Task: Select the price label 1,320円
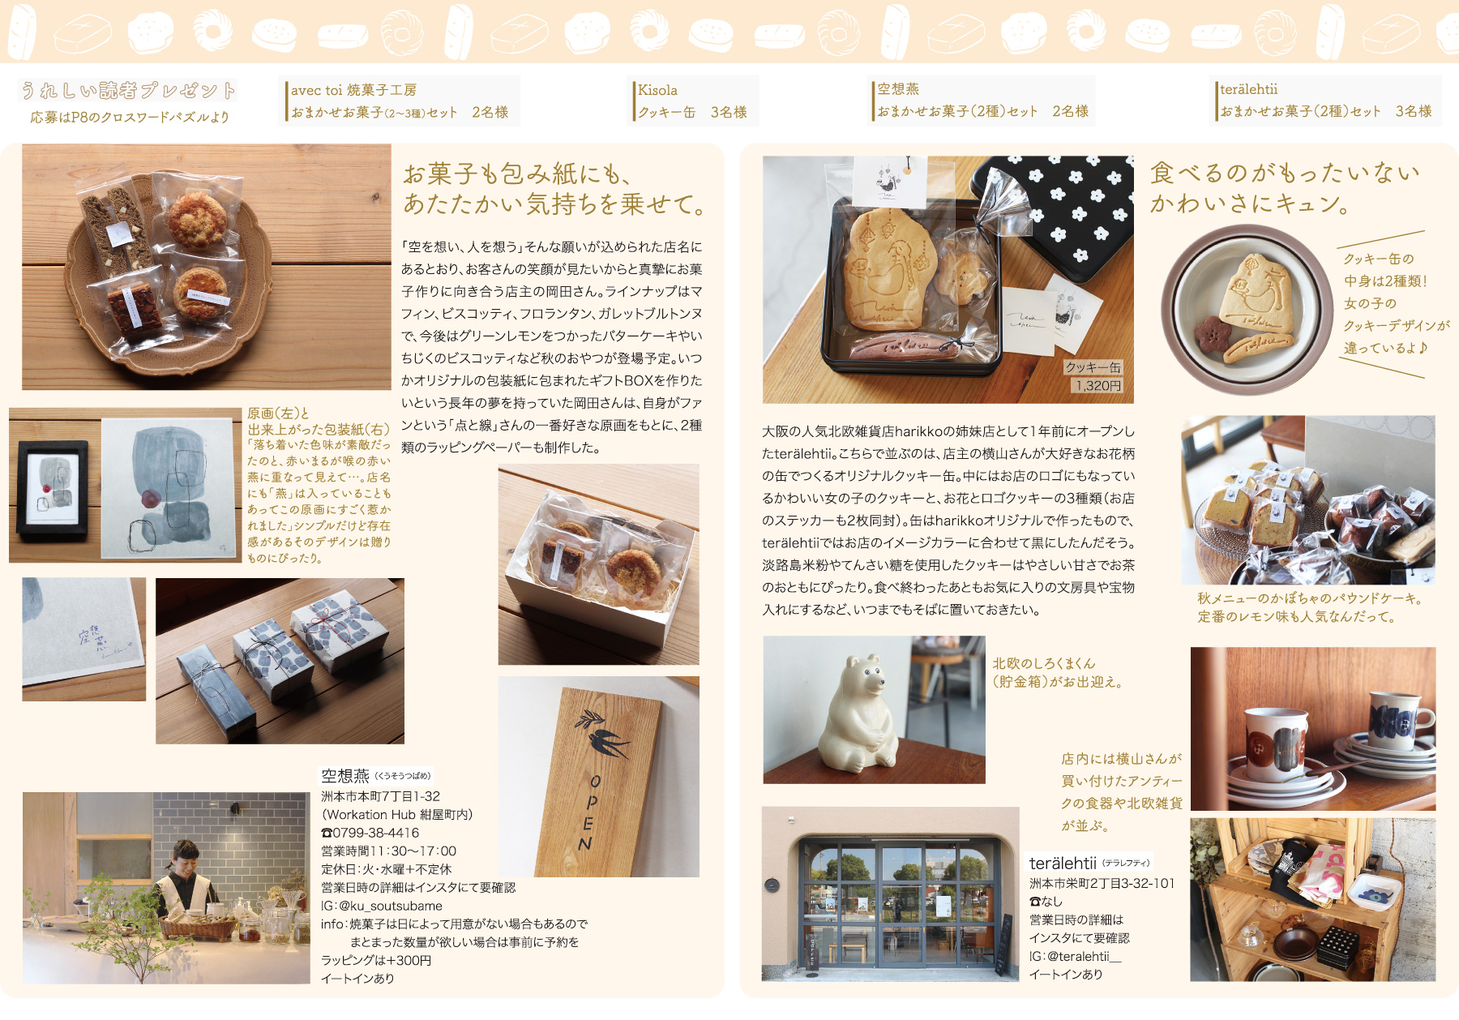(1097, 386)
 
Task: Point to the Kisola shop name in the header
(657, 90)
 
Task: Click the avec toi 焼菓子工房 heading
(353, 90)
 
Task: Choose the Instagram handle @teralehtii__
(1084, 956)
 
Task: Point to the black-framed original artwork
(53, 491)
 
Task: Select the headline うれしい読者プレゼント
(128, 90)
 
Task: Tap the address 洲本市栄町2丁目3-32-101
(1102, 883)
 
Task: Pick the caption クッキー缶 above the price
(1093, 367)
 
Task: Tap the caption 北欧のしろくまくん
(1044, 663)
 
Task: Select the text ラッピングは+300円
(376, 960)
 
